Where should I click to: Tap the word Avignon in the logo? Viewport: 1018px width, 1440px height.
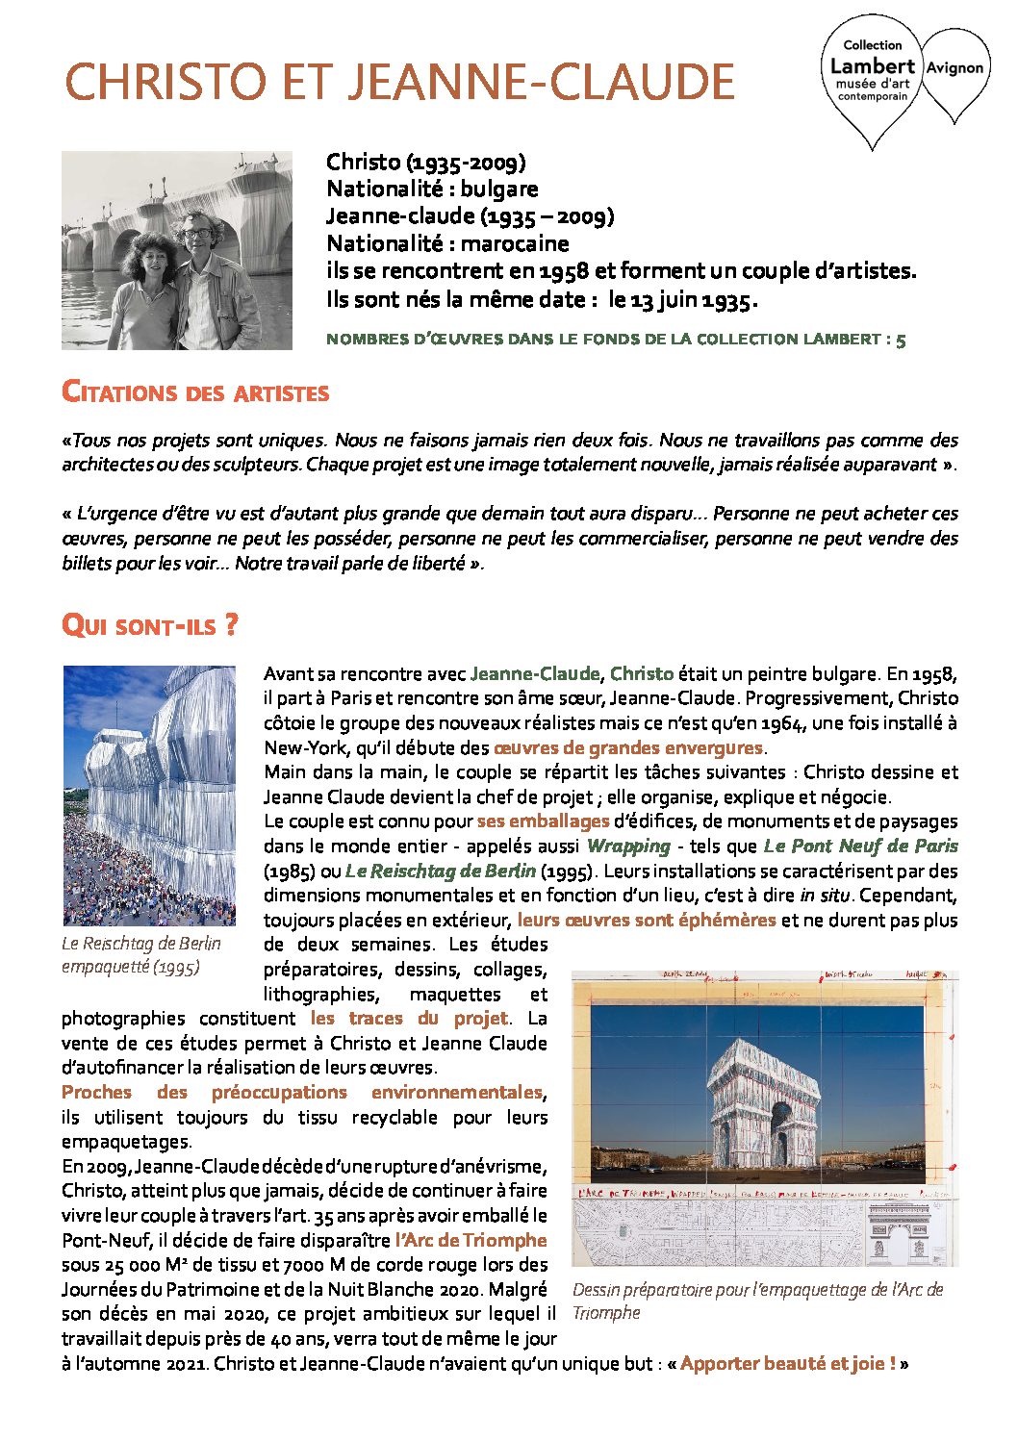[954, 68]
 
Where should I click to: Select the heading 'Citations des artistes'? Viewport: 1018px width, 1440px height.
[195, 392]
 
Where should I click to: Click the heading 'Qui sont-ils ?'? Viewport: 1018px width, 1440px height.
[149, 626]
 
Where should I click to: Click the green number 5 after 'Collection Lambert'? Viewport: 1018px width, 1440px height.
[901, 340]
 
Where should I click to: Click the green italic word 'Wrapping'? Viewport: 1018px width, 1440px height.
[628, 846]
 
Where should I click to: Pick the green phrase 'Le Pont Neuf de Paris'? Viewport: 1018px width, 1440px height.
[861, 846]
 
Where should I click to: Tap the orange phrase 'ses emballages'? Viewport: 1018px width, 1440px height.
[543, 821]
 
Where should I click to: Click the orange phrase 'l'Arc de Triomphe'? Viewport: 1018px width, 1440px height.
[471, 1240]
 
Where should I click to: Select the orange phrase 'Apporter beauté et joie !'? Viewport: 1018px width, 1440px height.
[788, 1363]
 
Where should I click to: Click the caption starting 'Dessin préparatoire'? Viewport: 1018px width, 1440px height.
[757, 1301]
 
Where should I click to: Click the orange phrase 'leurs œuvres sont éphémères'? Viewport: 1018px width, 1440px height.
[647, 920]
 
